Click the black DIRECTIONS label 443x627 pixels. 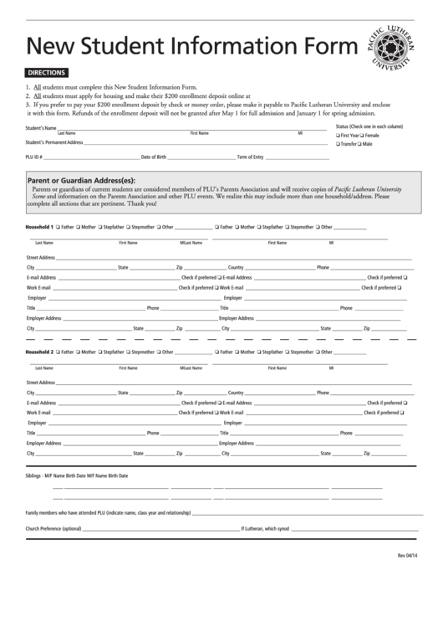[x=46, y=73]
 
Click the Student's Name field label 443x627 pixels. [x=41, y=127]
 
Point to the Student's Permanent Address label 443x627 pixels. [x=54, y=142]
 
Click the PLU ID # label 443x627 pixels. [x=34, y=157]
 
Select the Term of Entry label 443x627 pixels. [x=250, y=157]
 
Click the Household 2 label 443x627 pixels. [x=39, y=352]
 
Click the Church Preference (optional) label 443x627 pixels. [x=53, y=528]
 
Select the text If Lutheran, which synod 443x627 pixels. [x=265, y=528]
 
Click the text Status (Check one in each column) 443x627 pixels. [x=369, y=126]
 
